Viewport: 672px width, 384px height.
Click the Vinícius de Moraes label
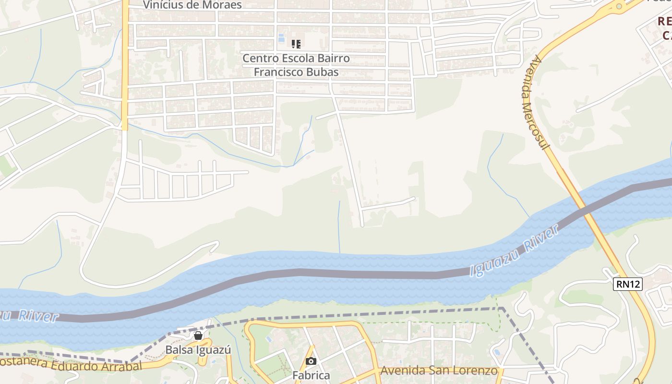click(192, 5)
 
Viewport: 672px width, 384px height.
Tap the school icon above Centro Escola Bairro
click(296, 44)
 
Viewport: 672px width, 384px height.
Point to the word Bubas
click(324, 72)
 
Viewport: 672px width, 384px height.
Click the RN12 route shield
click(628, 284)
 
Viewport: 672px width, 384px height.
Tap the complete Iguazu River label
click(515, 251)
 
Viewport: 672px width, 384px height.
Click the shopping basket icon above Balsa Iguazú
click(198, 336)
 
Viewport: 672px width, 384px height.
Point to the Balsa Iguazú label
click(198, 350)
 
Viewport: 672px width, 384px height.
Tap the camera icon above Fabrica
click(311, 361)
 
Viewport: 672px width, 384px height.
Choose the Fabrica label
click(311, 375)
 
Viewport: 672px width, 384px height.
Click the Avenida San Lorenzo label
click(438, 371)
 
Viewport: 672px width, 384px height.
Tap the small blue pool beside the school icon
click(281, 38)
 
